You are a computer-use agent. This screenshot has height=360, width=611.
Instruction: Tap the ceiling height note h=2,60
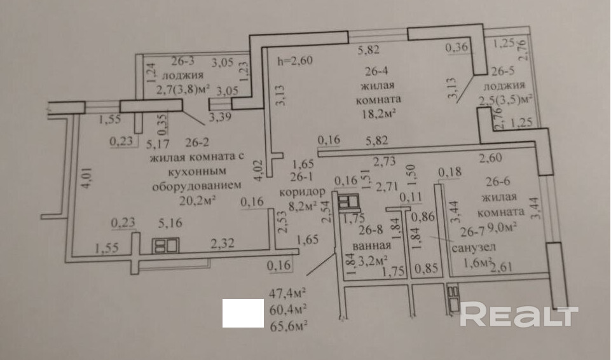pyautogui.click(x=294, y=61)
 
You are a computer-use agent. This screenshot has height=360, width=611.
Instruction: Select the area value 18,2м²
pyautogui.click(x=379, y=113)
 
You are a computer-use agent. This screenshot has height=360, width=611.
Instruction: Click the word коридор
pyautogui.click(x=302, y=191)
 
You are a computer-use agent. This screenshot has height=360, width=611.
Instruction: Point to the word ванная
pyautogui.click(x=372, y=246)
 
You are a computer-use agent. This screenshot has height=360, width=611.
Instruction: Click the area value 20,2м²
pyautogui.click(x=198, y=200)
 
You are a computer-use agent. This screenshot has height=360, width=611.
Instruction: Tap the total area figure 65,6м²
pyautogui.click(x=288, y=325)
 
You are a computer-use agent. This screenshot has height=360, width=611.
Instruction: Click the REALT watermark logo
pyautogui.click(x=519, y=314)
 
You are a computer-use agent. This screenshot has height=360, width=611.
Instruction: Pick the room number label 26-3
pyautogui.click(x=183, y=61)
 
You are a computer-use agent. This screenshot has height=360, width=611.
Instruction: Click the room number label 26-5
pyautogui.click(x=503, y=71)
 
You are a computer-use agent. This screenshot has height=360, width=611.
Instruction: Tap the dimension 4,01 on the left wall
pyautogui.click(x=86, y=178)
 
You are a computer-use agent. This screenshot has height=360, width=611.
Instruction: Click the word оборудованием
pyautogui.click(x=196, y=186)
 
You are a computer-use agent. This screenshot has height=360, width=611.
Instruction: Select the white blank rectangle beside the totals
pyautogui.click(x=243, y=313)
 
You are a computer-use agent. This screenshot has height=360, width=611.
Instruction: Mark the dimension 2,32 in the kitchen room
pyautogui.click(x=223, y=244)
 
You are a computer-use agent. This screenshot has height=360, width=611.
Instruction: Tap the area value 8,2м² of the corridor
pyautogui.click(x=302, y=205)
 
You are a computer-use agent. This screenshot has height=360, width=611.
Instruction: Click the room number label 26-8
pyautogui.click(x=371, y=230)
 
